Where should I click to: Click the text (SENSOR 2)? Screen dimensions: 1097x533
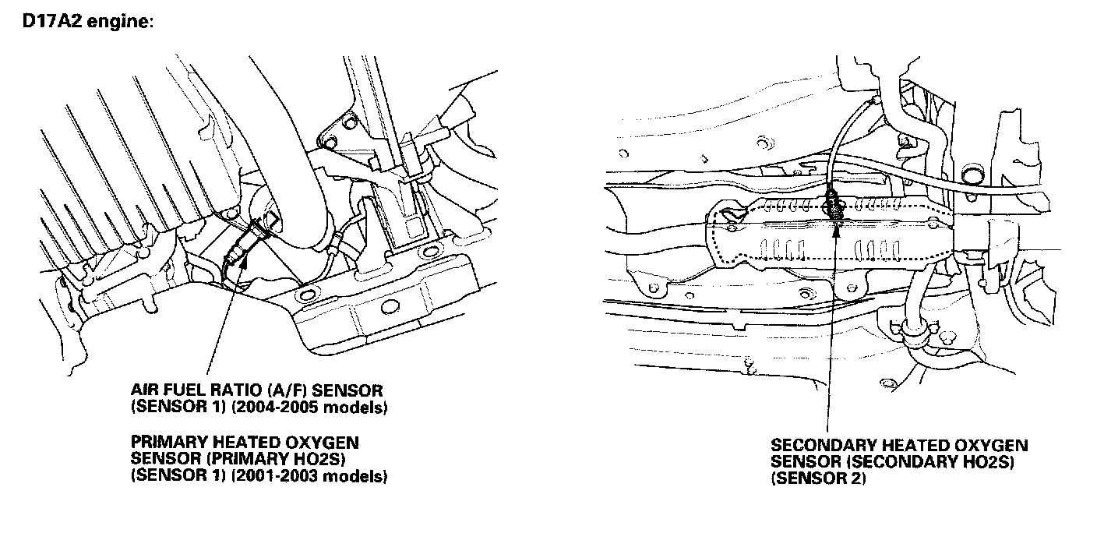(818, 480)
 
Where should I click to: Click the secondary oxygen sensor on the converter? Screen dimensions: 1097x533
(833, 204)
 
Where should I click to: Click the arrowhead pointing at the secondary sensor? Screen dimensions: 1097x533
(835, 227)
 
